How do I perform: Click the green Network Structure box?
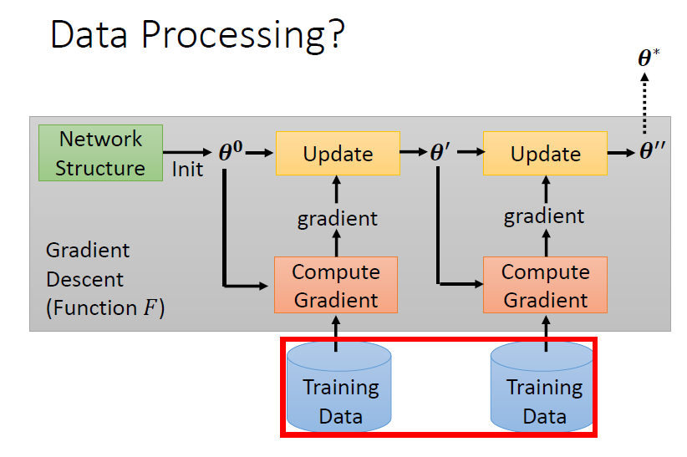[100, 153]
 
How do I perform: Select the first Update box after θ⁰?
[338, 154]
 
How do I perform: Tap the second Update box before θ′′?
[545, 154]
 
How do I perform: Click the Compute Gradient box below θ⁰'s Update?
[335, 285]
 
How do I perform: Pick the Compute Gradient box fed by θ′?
[545, 285]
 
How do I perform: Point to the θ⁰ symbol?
[231, 154]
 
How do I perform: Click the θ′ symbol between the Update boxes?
[440, 154]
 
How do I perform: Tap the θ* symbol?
[649, 58]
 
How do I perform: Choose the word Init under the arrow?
[187, 170]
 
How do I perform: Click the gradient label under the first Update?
[337, 219]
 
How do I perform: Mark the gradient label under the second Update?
[544, 217]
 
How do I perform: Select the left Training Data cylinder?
[339, 388]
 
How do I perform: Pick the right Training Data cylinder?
[543, 388]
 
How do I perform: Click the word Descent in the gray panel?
[84, 279]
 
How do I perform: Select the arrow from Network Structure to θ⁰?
[187, 153]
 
